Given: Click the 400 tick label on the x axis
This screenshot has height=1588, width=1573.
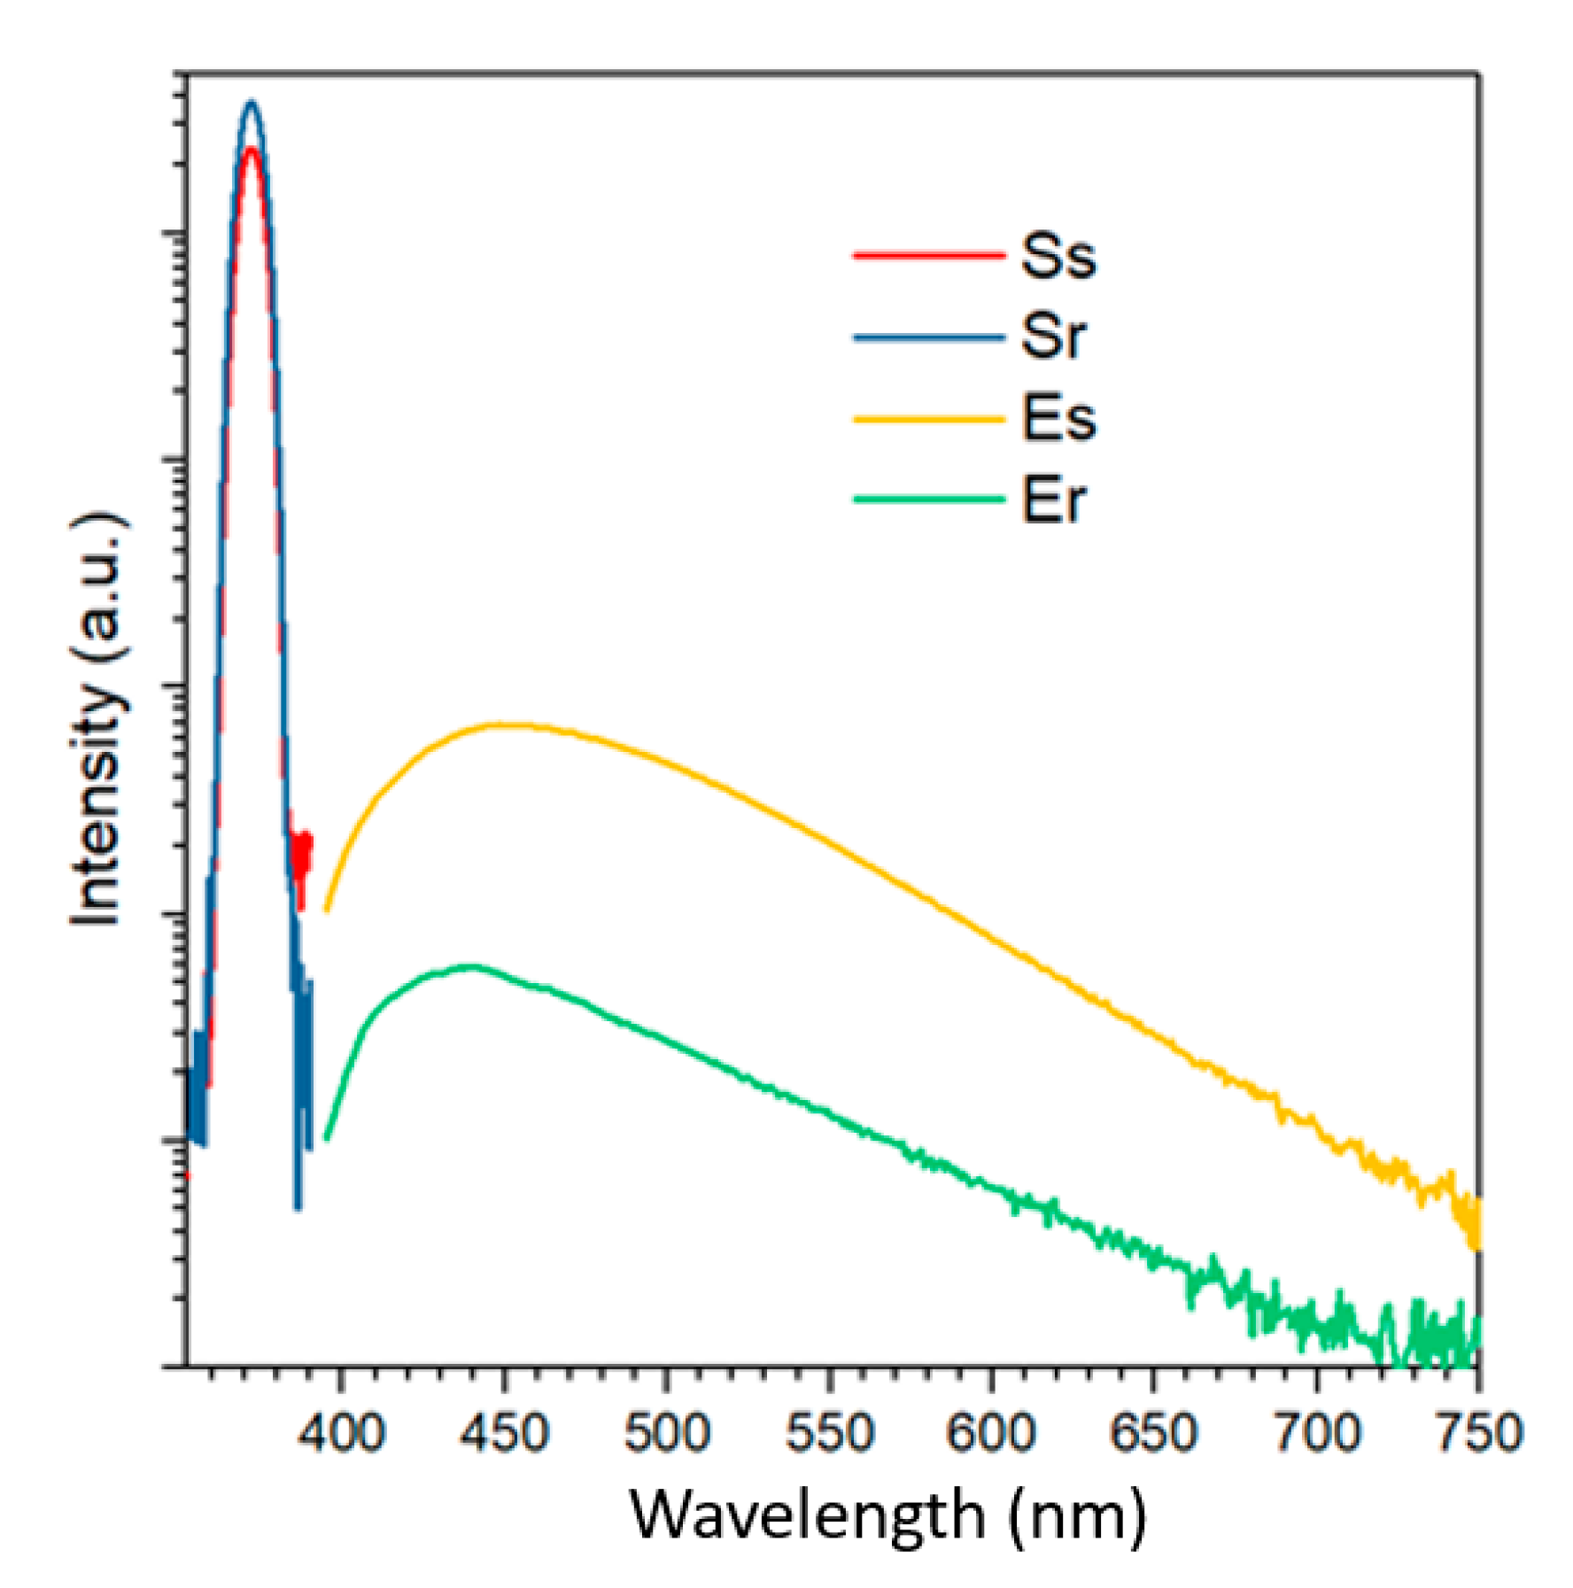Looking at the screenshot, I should [341, 1431].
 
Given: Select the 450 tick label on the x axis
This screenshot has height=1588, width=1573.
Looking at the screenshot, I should [504, 1431].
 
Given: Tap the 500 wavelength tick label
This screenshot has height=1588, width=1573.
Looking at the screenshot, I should [666, 1431].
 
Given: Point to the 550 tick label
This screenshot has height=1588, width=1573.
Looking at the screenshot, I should [829, 1431].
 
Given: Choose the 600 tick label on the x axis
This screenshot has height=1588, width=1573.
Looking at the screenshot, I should [990, 1431].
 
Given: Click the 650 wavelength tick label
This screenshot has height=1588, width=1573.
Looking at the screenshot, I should [1153, 1431].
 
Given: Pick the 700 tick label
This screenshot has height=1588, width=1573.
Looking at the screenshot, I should [1316, 1431].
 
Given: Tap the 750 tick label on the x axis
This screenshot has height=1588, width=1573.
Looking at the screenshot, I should [1477, 1431].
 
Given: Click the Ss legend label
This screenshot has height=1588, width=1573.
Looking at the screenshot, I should [1058, 256].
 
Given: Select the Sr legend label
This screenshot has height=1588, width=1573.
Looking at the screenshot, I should [1052, 337].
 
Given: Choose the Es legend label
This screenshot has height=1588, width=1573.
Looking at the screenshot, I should [1058, 418].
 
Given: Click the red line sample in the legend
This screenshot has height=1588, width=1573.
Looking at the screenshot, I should [928, 256].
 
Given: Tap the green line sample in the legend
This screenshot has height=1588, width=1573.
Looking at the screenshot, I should [928, 500].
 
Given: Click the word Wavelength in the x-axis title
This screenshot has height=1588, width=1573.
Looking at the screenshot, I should [807, 1516].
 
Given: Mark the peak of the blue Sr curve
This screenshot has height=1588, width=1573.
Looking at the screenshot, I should [252, 103].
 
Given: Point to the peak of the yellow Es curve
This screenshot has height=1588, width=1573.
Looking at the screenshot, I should [500, 725].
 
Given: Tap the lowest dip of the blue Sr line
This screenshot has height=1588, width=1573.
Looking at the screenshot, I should [298, 1207].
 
